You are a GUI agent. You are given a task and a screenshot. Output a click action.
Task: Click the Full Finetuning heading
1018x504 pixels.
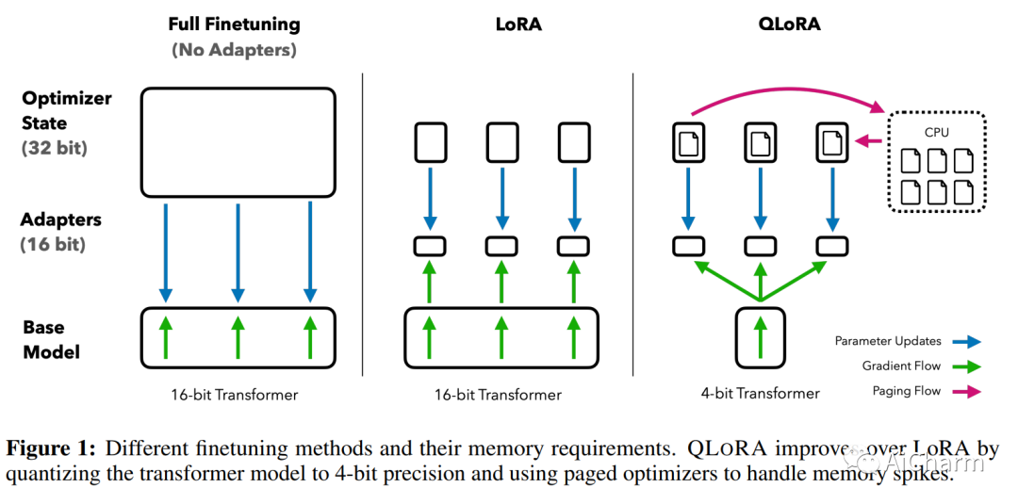click(x=235, y=24)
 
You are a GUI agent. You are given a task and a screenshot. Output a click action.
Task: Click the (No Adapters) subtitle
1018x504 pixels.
click(x=235, y=50)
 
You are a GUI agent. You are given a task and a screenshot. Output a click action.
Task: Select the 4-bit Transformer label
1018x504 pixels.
click(x=761, y=393)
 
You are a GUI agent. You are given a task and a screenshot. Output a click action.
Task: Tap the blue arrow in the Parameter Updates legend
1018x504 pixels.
click(x=967, y=342)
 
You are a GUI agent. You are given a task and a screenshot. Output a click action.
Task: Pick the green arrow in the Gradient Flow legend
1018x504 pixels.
click(x=967, y=366)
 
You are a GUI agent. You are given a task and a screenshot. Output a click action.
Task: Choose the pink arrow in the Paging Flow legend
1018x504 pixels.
click(x=967, y=391)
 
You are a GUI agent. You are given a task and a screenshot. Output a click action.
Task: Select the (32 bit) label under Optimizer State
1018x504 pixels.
click(x=55, y=148)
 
